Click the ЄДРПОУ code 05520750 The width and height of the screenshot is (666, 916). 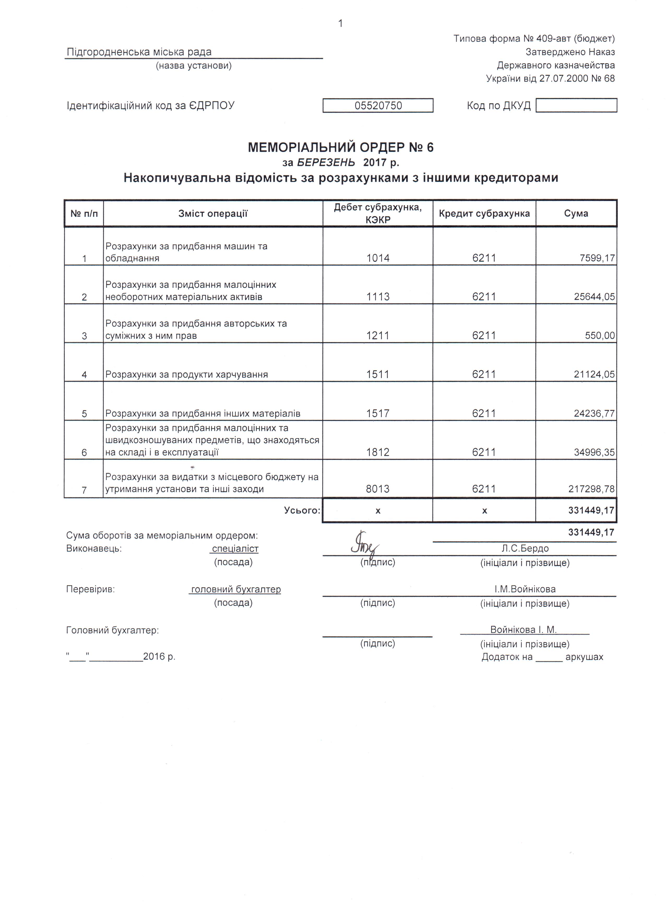click(x=378, y=106)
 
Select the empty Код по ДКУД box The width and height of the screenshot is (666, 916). click(x=576, y=105)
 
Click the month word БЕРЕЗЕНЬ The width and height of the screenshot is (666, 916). click(x=326, y=162)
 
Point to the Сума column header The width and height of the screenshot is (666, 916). click(x=576, y=213)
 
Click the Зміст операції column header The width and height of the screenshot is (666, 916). click(x=213, y=213)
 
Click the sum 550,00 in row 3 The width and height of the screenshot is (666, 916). click(x=600, y=336)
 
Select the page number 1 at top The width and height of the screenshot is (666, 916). click(x=341, y=23)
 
